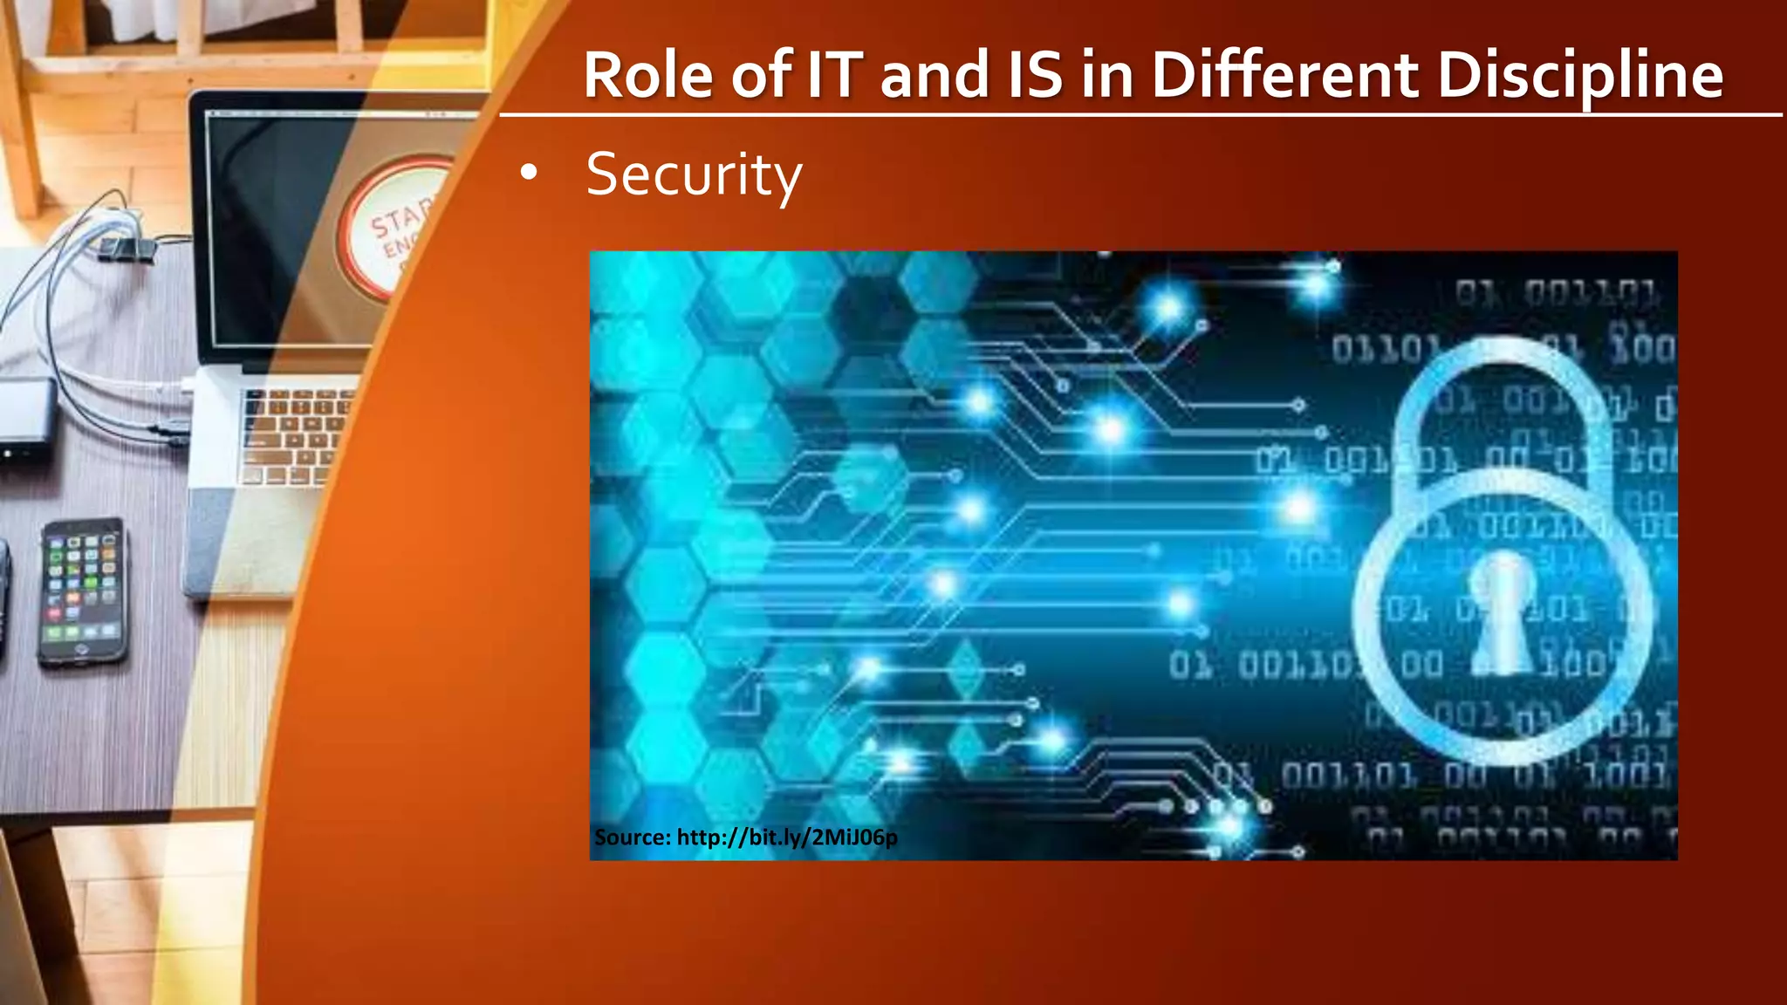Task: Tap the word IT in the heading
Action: (834, 75)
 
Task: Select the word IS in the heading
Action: (1035, 75)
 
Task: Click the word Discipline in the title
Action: (1580, 75)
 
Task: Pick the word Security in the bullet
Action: (694, 174)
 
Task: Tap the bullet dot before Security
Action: (528, 173)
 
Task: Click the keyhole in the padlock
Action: (1501, 611)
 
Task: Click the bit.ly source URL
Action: (786, 837)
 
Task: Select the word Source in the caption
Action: (632, 837)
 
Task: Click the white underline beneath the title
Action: (1134, 114)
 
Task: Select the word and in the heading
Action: (934, 75)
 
